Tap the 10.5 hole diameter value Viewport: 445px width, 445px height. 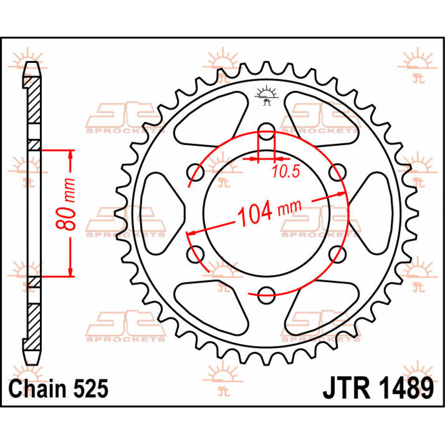pos(285,171)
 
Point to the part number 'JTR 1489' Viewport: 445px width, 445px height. pos(378,389)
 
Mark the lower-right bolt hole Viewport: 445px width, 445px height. pos(337,254)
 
